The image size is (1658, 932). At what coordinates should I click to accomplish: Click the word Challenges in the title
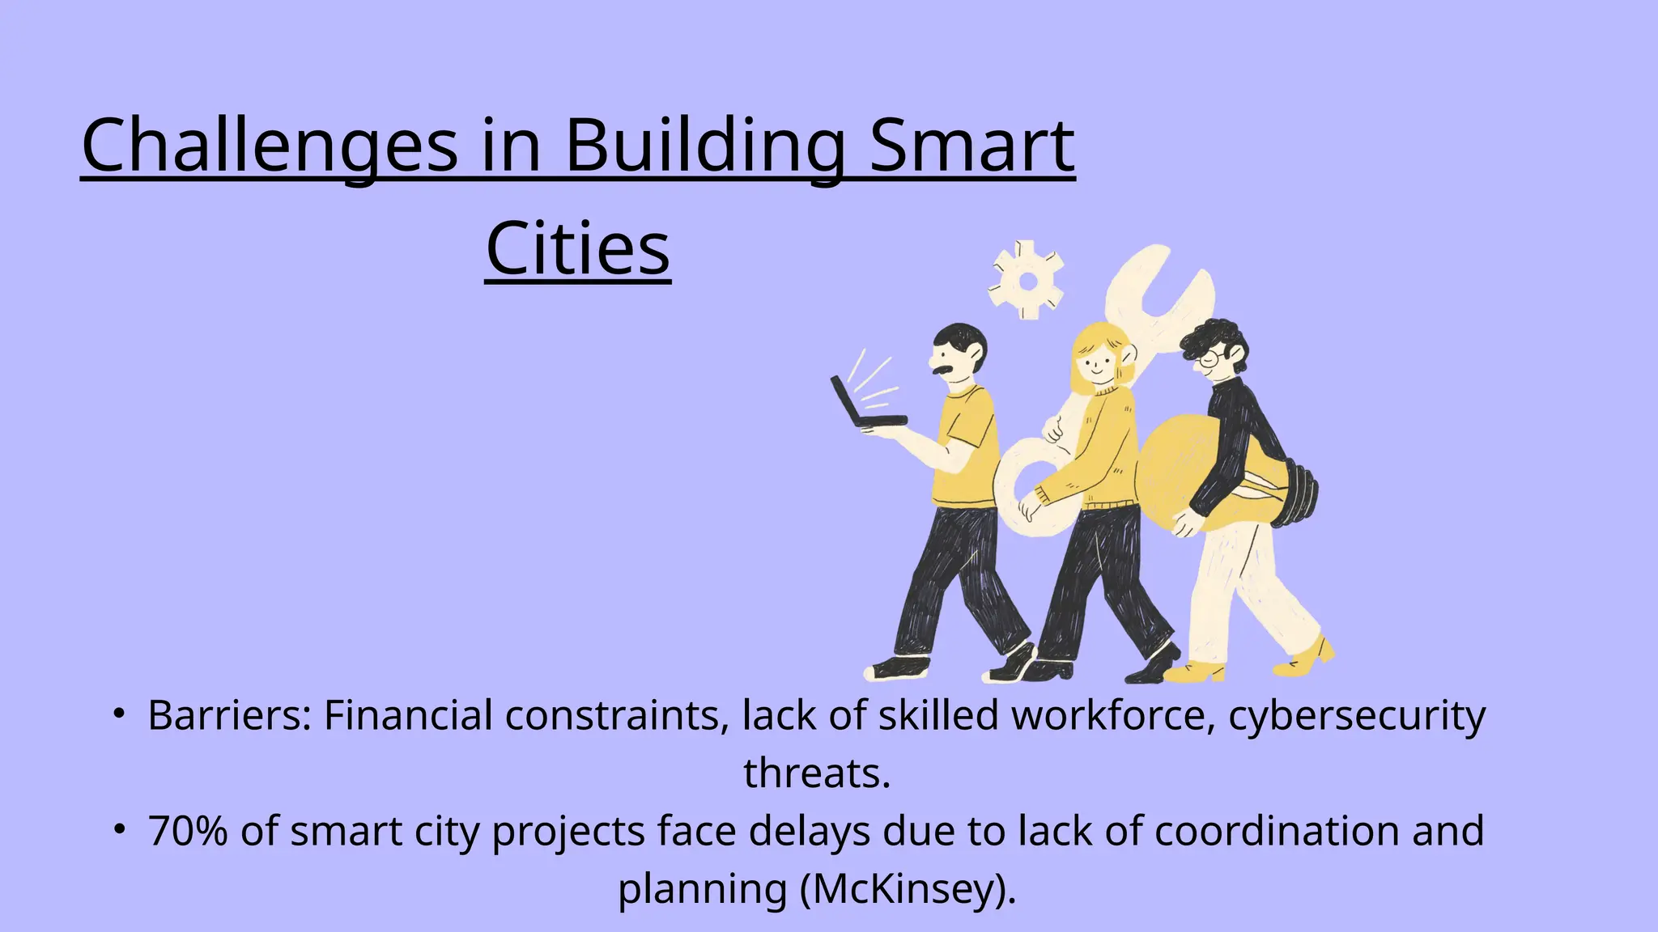[x=270, y=146]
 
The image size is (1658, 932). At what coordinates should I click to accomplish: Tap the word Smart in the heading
[x=971, y=146]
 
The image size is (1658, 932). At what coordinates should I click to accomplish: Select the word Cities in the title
[x=578, y=248]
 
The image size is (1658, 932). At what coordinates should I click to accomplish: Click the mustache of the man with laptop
[x=943, y=371]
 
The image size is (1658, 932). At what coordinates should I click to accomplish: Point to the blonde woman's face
[x=1098, y=363]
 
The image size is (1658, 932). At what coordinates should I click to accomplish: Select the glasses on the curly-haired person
[x=1209, y=358]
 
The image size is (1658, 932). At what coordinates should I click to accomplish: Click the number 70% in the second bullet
[x=188, y=832]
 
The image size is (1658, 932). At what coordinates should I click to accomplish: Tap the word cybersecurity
[x=1357, y=716]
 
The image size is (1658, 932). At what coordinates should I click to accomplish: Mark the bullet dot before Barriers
[x=118, y=713]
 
